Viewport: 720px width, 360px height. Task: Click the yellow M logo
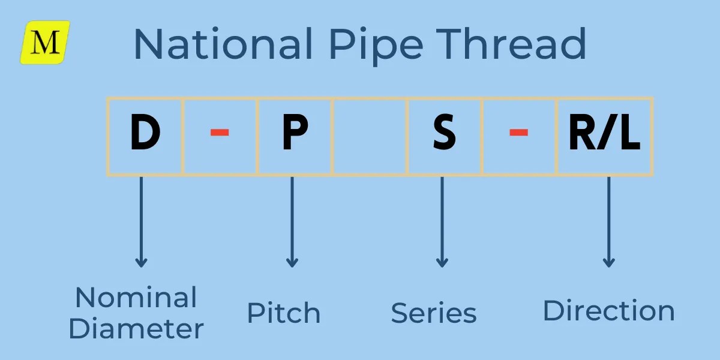(x=46, y=42)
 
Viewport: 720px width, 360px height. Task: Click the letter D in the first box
(x=145, y=136)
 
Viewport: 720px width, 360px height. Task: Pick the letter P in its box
(x=295, y=136)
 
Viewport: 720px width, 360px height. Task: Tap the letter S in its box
(x=444, y=136)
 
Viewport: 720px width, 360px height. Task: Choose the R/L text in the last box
(x=604, y=136)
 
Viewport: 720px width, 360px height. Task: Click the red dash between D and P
(x=220, y=133)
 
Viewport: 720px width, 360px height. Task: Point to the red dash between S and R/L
(x=518, y=133)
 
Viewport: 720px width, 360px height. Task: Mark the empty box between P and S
(x=370, y=136)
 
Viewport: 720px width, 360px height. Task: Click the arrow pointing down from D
(x=141, y=222)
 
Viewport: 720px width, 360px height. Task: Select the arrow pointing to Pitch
(x=292, y=222)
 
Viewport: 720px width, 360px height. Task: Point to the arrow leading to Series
(x=442, y=222)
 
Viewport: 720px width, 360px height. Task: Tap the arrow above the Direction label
(x=608, y=222)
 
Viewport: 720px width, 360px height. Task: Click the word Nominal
(x=136, y=298)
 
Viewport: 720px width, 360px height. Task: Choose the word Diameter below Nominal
(x=136, y=328)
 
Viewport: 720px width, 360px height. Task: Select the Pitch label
(x=284, y=314)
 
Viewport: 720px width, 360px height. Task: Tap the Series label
(x=434, y=313)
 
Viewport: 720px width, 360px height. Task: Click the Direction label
(x=608, y=311)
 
